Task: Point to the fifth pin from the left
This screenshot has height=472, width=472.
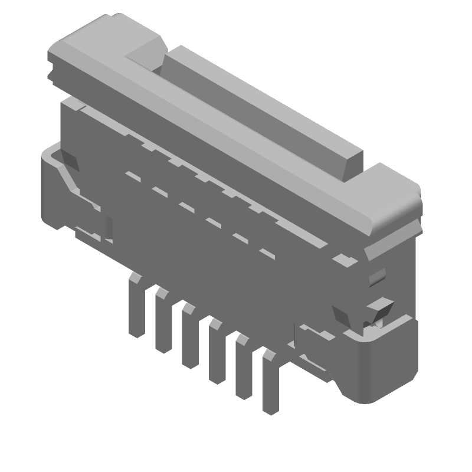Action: click(242, 369)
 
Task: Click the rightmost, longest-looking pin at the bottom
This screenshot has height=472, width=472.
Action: click(270, 383)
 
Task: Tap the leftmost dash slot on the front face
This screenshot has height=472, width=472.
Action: click(133, 176)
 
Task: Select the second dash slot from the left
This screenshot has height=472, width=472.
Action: click(159, 191)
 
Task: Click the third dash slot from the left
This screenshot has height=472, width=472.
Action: click(186, 207)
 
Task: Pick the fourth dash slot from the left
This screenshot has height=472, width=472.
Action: click(213, 222)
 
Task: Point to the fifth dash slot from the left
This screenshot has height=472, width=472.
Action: click(240, 238)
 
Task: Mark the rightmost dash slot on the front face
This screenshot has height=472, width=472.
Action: click(267, 254)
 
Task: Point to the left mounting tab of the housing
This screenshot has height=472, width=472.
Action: click(59, 189)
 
